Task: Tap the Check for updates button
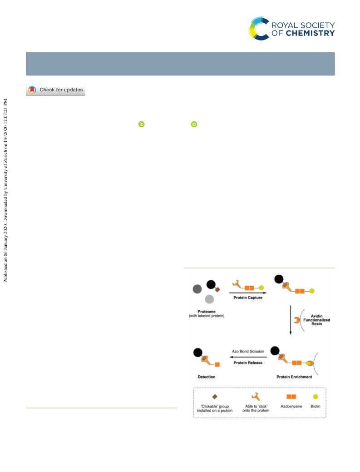(56, 90)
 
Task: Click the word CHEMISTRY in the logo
(310, 33)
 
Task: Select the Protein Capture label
(248, 298)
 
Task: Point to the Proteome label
(207, 312)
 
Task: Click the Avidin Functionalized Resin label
(316, 320)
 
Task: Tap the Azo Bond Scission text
(248, 351)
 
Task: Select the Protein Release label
(248, 363)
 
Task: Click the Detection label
(206, 377)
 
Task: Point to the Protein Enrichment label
(294, 377)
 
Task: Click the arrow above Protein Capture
(248, 293)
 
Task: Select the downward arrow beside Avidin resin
(291, 320)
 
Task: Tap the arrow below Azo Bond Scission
(248, 357)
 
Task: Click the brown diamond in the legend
(215, 397)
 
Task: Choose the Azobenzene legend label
(291, 407)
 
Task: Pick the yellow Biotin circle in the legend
(316, 397)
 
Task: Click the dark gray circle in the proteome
(197, 289)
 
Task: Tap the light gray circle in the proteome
(209, 299)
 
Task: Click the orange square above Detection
(217, 364)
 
